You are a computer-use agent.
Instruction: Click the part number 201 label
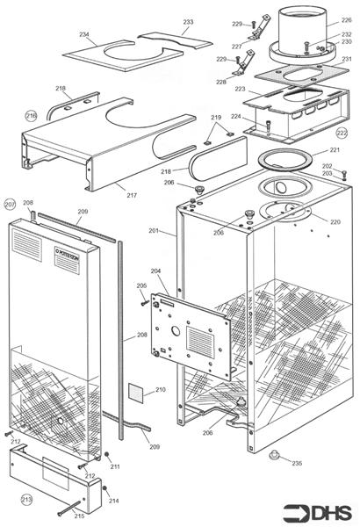point(154,231)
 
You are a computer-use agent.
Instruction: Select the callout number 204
point(155,272)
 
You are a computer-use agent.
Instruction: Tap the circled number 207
point(10,204)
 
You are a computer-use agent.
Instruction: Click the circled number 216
point(31,115)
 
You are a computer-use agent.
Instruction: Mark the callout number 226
point(346,19)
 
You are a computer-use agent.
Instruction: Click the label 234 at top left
point(84,34)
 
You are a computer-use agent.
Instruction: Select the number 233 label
point(188,22)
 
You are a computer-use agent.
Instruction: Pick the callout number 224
point(236,116)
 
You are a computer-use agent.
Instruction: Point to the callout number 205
point(141,286)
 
